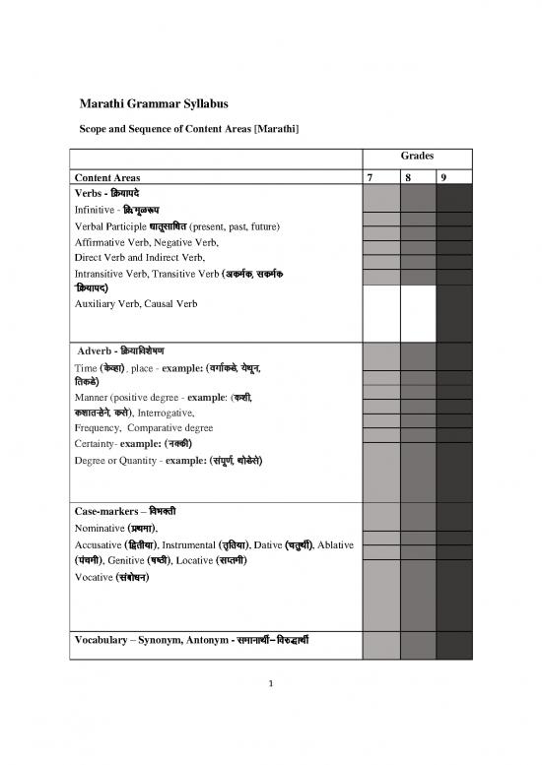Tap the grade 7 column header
pyautogui.click(x=369, y=178)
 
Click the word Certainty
pyautogui.click(x=97, y=445)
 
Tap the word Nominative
pyautogui.click(x=101, y=529)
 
